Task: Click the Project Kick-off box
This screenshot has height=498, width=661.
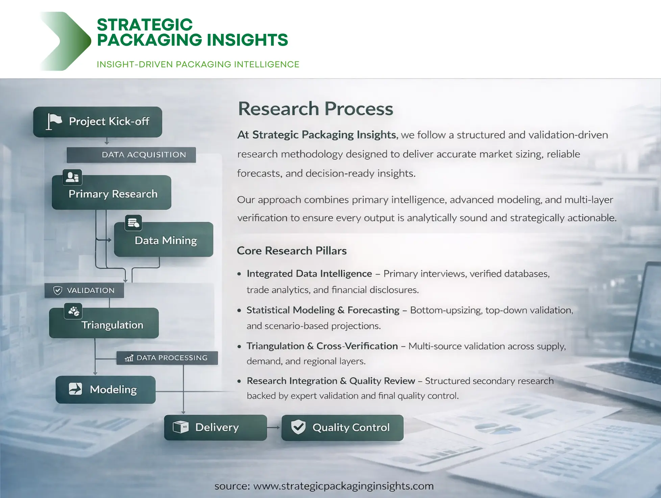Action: (x=98, y=122)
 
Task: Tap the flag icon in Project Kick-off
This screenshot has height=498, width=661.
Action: (x=54, y=121)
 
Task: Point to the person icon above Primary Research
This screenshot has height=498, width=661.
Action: (x=72, y=177)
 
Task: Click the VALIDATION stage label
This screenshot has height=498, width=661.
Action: (x=84, y=290)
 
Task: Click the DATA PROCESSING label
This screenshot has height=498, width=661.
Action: (x=167, y=358)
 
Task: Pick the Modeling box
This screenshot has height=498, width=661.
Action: (x=105, y=389)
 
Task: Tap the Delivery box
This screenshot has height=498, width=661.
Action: (x=215, y=427)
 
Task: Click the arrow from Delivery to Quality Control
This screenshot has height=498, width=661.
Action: (x=274, y=427)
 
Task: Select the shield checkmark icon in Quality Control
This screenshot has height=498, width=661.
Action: (x=298, y=427)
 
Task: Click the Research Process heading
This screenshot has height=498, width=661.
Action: (x=315, y=109)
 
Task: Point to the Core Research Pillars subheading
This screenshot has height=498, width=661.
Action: (x=292, y=251)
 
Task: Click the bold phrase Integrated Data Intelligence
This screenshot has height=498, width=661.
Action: (x=309, y=273)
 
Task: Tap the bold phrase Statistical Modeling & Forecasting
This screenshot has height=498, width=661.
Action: (x=323, y=310)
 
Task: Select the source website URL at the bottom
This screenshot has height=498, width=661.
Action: (x=343, y=486)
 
